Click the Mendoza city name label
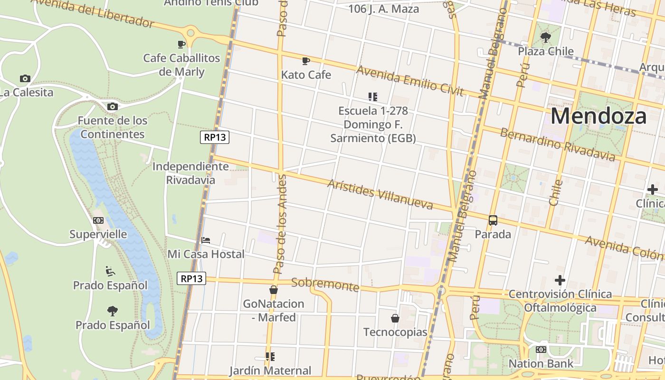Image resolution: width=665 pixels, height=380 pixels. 598,116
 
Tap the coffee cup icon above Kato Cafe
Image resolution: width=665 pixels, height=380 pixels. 306,61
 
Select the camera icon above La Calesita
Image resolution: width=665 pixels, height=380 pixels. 25,78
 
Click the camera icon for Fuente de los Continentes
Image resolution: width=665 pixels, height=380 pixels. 113,106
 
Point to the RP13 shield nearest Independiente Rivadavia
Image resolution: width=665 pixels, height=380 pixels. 215,138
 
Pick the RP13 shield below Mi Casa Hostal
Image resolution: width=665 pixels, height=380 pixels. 192,278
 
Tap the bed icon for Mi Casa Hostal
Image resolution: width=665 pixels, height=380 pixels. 206,240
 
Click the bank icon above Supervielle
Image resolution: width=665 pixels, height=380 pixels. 98,220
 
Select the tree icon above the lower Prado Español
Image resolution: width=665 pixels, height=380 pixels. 113,311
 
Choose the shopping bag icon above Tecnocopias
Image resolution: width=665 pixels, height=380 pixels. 395,318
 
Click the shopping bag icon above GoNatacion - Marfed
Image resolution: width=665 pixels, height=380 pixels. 274,289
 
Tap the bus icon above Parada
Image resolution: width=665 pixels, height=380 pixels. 493,220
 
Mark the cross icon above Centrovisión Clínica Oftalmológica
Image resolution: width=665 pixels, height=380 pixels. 560,280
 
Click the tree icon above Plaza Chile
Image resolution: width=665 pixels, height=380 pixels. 546,37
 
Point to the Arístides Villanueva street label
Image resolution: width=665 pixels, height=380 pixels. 380,194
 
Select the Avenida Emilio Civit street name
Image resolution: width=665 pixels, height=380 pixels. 409,81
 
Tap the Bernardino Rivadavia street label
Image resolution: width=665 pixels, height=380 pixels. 557,144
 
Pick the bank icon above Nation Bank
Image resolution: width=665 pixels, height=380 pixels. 541,350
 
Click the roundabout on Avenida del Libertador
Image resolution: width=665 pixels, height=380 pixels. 191,33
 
